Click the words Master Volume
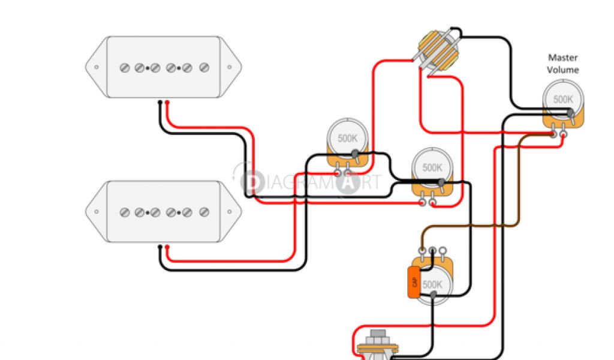[x=562, y=64]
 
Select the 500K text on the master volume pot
[x=562, y=100]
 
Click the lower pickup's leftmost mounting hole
[x=95, y=212]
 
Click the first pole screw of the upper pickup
[x=125, y=68]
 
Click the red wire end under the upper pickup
[x=167, y=103]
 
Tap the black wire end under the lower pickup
[x=159, y=248]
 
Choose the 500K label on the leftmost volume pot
[x=347, y=138]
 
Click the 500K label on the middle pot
[x=432, y=167]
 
